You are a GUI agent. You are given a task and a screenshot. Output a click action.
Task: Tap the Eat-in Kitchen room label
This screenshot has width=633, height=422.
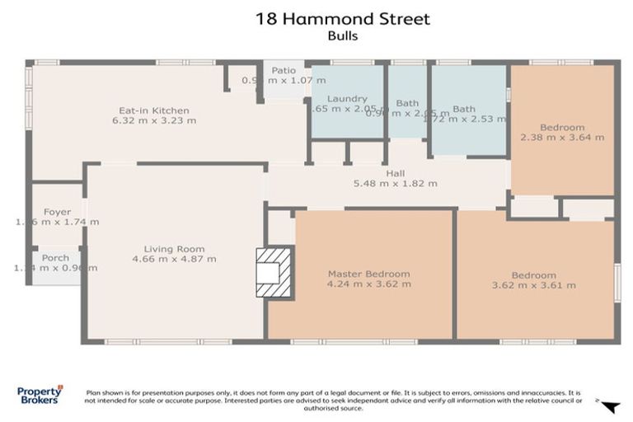click(x=154, y=110)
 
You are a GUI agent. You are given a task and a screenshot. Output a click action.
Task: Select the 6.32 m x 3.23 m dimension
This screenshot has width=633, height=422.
click(x=154, y=120)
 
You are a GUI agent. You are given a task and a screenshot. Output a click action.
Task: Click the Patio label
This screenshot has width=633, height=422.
click(x=284, y=71)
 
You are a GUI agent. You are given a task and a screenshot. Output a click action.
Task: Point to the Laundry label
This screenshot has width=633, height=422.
click(x=346, y=99)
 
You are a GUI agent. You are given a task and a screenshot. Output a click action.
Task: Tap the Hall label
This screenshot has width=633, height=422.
click(x=395, y=174)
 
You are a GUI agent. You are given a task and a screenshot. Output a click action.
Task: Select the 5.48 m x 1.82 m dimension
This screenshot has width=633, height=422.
click(x=395, y=184)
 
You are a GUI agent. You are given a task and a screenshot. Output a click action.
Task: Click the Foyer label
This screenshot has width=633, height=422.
click(x=58, y=212)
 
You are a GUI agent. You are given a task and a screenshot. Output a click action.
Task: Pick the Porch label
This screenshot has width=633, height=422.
click(x=56, y=257)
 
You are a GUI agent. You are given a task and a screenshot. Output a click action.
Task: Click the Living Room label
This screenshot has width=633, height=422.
click(x=174, y=249)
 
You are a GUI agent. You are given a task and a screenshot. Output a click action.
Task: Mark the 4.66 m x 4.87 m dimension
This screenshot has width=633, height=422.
click(x=174, y=259)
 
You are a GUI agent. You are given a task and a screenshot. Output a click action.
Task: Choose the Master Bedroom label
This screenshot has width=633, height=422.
click(x=368, y=274)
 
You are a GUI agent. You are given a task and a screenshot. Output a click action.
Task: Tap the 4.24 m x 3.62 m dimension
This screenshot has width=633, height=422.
click(x=368, y=284)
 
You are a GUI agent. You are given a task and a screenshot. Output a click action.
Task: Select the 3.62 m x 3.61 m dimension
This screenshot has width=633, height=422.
click(x=533, y=285)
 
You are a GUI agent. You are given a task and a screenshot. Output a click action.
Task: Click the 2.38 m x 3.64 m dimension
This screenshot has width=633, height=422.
click(x=562, y=138)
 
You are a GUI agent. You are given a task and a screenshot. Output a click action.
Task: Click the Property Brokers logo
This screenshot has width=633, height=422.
click(x=40, y=396)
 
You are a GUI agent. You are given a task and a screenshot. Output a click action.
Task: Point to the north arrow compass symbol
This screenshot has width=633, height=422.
click(x=609, y=406)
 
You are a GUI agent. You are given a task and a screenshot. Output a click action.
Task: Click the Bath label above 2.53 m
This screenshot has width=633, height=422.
click(x=463, y=109)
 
